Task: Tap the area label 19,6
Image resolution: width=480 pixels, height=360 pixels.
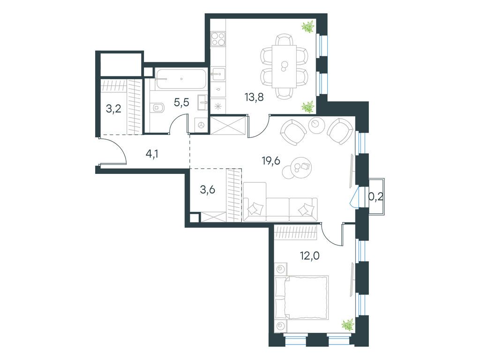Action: (x=270, y=162)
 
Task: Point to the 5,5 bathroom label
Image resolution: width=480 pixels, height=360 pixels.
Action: (x=181, y=103)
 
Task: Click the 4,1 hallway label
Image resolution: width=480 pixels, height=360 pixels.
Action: (x=151, y=153)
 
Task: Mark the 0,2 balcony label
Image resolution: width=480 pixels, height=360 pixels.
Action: (x=376, y=197)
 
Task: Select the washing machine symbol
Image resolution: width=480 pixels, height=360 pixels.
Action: (x=202, y=125)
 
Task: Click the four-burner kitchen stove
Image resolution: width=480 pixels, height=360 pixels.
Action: (x=217, y=39)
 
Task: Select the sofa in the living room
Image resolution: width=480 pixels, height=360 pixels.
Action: (x=280, y=209)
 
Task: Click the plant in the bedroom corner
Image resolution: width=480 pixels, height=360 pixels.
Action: (x=347, y=324)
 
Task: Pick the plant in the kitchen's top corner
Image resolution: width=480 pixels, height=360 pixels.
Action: (x=308, y=27)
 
